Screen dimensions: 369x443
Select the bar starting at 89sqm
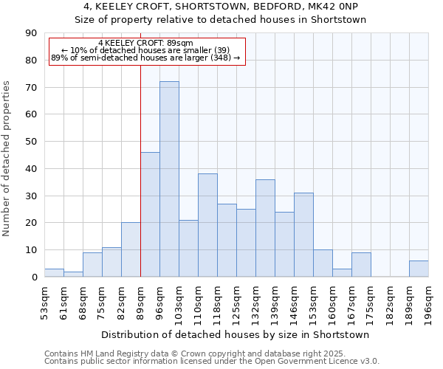(x=150, y=214)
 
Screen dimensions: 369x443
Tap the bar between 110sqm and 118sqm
(x=207, y=225)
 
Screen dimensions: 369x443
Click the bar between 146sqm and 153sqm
(x=303, y=235)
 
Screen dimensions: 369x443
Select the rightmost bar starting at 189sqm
(x=419, y=269)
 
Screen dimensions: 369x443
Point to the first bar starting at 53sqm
(x=54, y=273)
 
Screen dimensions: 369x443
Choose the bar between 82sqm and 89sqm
(x=131, y=249)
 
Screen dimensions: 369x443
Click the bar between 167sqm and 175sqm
(x=361, y=265)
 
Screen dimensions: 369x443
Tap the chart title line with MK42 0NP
(x=221, y=7)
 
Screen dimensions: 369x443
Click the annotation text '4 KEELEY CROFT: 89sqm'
(x=145, y=44)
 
